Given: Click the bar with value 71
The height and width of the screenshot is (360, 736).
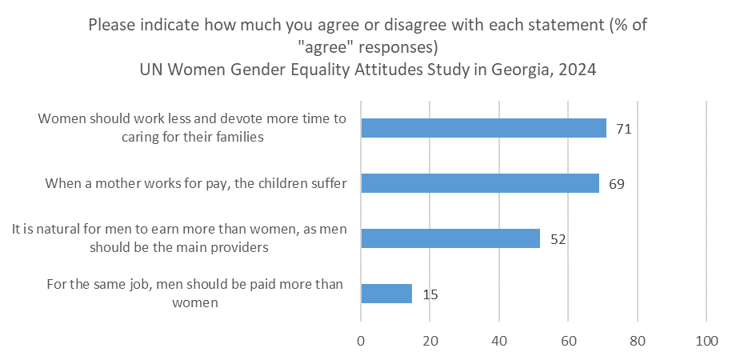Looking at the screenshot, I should (x=483, y=128).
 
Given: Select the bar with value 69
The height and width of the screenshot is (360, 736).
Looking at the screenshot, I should (x=480, y=183).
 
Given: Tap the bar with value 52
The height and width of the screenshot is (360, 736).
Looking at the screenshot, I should (x=450, y=238).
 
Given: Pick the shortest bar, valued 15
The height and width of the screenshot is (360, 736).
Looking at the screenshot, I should (x=386, y=294).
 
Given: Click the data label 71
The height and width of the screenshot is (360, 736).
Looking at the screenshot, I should (x=625, y=129).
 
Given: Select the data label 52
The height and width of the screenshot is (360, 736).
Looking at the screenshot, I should (x=557, y=239).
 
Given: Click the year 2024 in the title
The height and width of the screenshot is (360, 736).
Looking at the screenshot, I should (x=574, y=69).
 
